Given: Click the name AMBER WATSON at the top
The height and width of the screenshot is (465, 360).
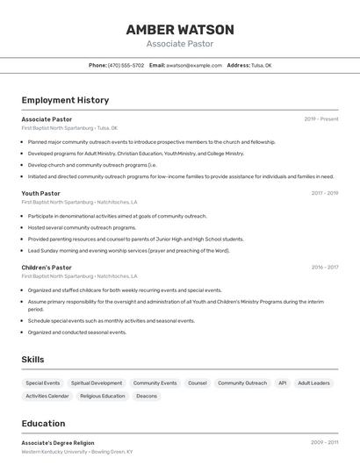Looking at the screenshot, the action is pyautogui.click(x=179, y=29).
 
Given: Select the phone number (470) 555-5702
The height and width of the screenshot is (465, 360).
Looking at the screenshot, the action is pyautogui.click(x=126, y=65).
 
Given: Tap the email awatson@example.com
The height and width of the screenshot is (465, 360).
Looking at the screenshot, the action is pyautogui.click(x=194, y=65).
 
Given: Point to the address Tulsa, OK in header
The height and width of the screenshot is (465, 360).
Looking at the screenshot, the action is pyautogui.click(x=262, y=65).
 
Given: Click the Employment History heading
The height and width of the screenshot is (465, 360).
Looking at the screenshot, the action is pyautogui.click(x=65, y=100).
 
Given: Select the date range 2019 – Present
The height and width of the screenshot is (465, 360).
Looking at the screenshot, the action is pyautogui.click(x=321, y=118).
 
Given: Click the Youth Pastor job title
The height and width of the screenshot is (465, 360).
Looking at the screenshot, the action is pyautogui.click(x=41, y=193).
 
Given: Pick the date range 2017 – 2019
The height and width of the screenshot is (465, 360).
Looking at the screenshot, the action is pyautogui.click(x=324, y=193).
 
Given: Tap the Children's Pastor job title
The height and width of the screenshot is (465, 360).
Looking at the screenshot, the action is pyautogui.click(x=47, y=267).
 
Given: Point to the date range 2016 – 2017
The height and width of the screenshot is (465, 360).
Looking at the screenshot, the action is pyautogui.click(x=324, y=267).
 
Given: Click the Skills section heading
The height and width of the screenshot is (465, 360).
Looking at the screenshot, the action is pyautogui.click(x=32, y=360).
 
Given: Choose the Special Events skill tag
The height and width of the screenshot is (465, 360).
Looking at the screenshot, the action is pyautogui.click(x=43, y=383).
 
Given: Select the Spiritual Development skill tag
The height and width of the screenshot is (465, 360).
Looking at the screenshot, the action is pyautogui.click(x=97, y=383).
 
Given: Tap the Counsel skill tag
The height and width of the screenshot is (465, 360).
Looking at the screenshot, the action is pyautogui.click(x=198, y=383).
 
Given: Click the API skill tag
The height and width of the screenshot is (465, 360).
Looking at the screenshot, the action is pyautogui.click(x=282, y=383).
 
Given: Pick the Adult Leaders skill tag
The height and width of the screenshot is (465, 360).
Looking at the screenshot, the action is pyautogui.click(x=313, y=383).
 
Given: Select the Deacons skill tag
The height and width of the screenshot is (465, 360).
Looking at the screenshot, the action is pyautogui.click(x=147, y=397).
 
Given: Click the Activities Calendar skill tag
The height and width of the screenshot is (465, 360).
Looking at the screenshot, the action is pyautogui.click(x=47, y=397).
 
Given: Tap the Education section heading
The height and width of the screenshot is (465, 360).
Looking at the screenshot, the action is pyautogui.click(x=43, y=423).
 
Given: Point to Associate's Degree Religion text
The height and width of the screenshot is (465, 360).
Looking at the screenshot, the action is pyautogui.click(x=58, y=443).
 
